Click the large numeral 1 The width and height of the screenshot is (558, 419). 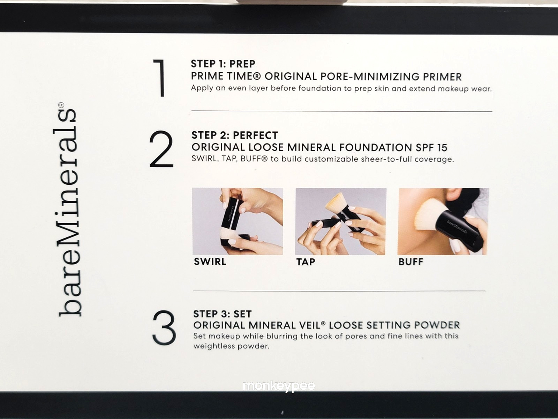point(160,78)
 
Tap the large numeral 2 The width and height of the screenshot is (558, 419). point(161,149)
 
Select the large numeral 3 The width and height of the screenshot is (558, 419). point(164,328)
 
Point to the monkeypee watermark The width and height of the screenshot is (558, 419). point(279,386)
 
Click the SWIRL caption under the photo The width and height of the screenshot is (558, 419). point(210,262)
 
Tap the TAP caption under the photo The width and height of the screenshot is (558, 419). point(306,262)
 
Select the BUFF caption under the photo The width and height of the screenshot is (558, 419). point(411,262)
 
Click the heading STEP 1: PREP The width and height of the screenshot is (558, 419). point(223,64)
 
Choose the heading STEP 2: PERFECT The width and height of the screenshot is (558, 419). point(235,135)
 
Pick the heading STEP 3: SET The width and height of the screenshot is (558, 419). point(223,314)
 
